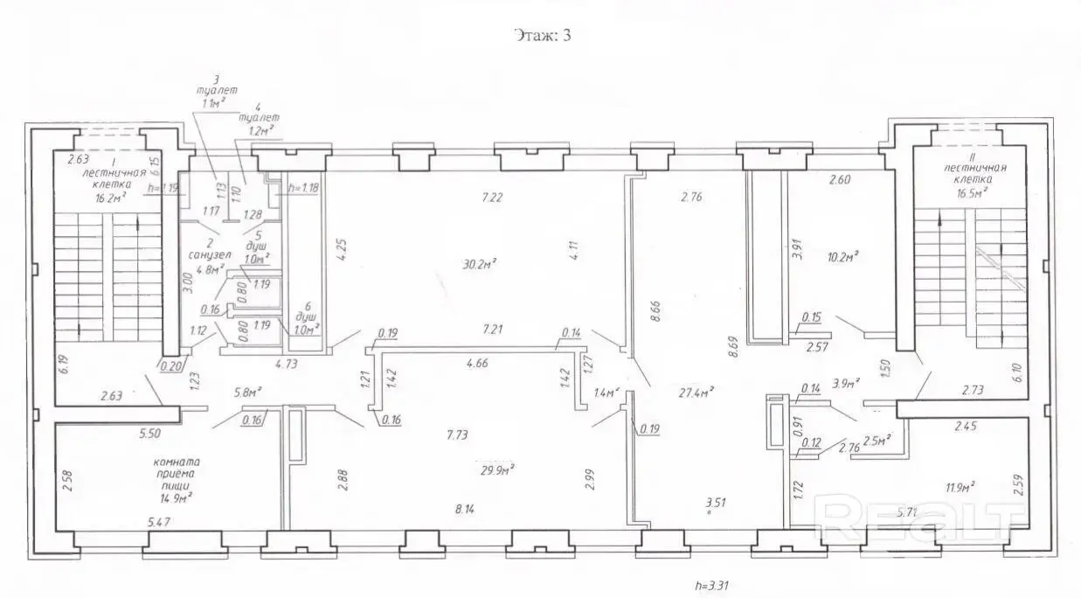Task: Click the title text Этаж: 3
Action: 539,36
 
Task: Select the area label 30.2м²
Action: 480,261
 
